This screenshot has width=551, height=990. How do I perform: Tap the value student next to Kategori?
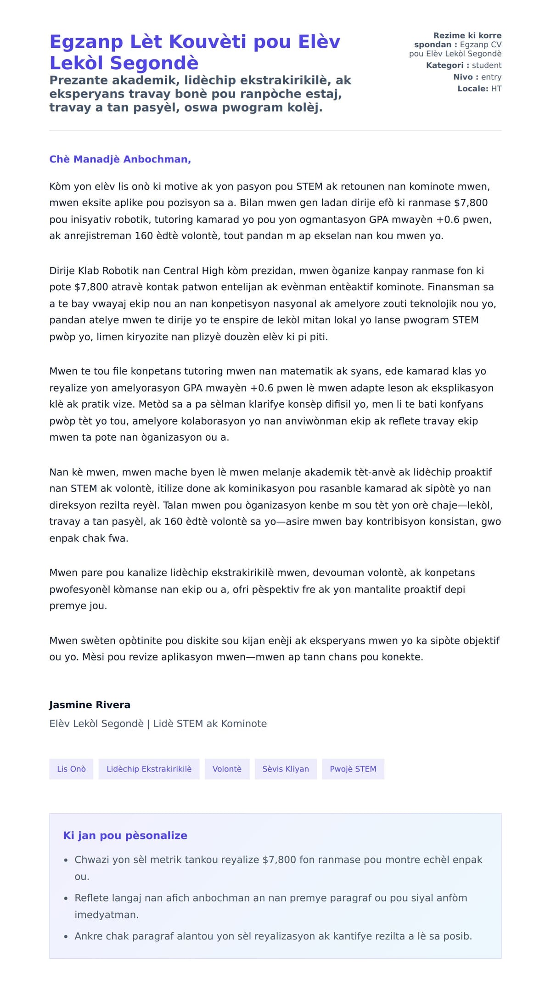point(486,66)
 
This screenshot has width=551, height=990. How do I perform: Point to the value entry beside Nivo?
point(491,77)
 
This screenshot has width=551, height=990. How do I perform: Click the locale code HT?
point(496,89)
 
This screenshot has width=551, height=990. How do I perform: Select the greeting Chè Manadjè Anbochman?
point(120,159)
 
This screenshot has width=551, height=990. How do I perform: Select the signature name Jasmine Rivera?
point(90,705)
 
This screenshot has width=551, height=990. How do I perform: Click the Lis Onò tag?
point(71,769)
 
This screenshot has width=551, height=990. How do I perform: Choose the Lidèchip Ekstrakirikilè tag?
point(149,769)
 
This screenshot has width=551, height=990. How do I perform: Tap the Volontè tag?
point(227,769)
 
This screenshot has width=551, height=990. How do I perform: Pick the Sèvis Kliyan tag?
point(286,769)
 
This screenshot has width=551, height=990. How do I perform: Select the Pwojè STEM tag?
point(353,769)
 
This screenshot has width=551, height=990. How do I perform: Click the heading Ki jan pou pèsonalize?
point(125,835)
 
